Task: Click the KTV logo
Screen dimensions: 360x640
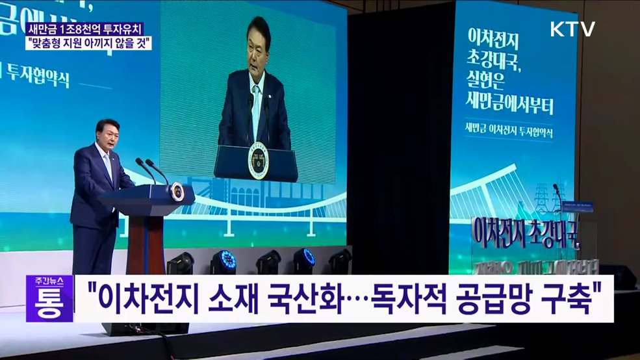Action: (x=572, y=29)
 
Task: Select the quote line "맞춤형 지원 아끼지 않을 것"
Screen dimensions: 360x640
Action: (x=90, y=44)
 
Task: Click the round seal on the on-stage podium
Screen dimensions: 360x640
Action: (x=177, y=192)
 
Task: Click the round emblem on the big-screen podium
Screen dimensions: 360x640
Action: (x=258, y=160)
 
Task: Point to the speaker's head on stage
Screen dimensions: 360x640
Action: (x=107, y=131)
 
